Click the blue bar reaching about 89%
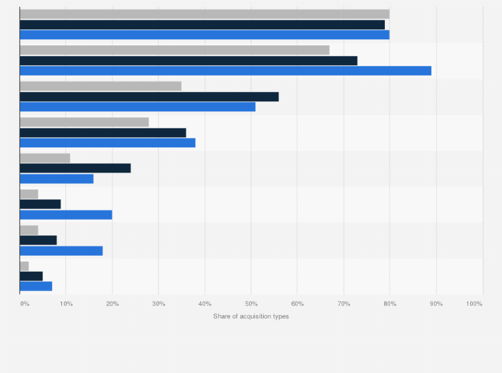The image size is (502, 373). pos(226,71)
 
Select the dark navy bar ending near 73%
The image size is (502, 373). pos(188,61)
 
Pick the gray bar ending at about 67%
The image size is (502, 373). pos(174,50)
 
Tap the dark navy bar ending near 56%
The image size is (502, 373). pos(149,97)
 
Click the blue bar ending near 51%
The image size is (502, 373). pos(138,107)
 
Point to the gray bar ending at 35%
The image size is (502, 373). pos(101,86)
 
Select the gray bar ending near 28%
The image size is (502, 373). pos(85,122)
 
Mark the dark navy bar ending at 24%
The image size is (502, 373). pos(75,168)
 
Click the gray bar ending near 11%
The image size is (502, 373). pos(45,158)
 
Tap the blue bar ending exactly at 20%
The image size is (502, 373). pos(66,214)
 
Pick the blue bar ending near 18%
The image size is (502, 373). pos(61,250)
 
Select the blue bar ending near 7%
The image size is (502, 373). pos(36,286)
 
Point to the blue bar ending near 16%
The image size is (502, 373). pos(57,179)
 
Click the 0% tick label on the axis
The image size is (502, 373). pos(24,304)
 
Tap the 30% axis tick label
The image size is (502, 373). pos(158,304)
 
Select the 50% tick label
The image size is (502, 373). pos(251,304)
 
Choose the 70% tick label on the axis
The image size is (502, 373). pos(344,304)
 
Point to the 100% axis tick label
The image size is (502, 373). pos(474,304)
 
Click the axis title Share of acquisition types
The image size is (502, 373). pos(251,316)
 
